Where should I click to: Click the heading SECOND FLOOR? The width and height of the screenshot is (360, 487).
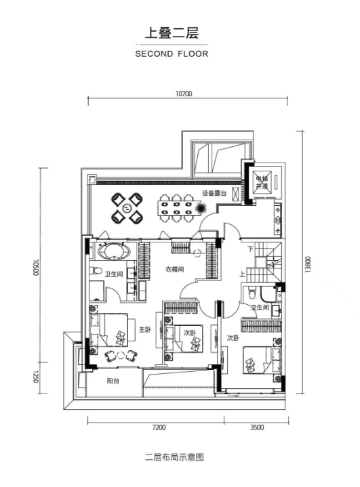pos(172,54)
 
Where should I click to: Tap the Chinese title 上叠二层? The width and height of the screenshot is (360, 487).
pos(172,33)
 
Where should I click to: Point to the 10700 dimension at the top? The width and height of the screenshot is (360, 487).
pos(184,93)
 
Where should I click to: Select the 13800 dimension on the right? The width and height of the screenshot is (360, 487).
pos(308,264)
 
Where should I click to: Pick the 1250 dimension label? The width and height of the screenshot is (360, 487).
pos(36,377)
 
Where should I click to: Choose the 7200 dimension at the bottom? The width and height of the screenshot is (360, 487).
pos(159,427)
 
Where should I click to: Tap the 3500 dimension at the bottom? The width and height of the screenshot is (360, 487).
pos(257,427)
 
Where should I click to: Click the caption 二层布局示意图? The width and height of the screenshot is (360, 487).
pos(174,457)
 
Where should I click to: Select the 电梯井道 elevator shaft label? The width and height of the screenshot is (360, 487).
pos(262,182)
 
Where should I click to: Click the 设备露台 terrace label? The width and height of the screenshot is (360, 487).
pos(214,193)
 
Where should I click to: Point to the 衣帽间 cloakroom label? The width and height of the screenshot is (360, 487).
pos(174,270)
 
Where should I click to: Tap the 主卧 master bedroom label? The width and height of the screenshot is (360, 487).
pos(144,329)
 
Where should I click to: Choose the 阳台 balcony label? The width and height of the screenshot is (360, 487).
pos(113,381)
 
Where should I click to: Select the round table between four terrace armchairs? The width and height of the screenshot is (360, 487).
pos(127,208)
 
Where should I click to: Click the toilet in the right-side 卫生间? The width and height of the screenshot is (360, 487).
pos(252,292)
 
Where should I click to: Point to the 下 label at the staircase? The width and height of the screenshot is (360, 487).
pos(251,249)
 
